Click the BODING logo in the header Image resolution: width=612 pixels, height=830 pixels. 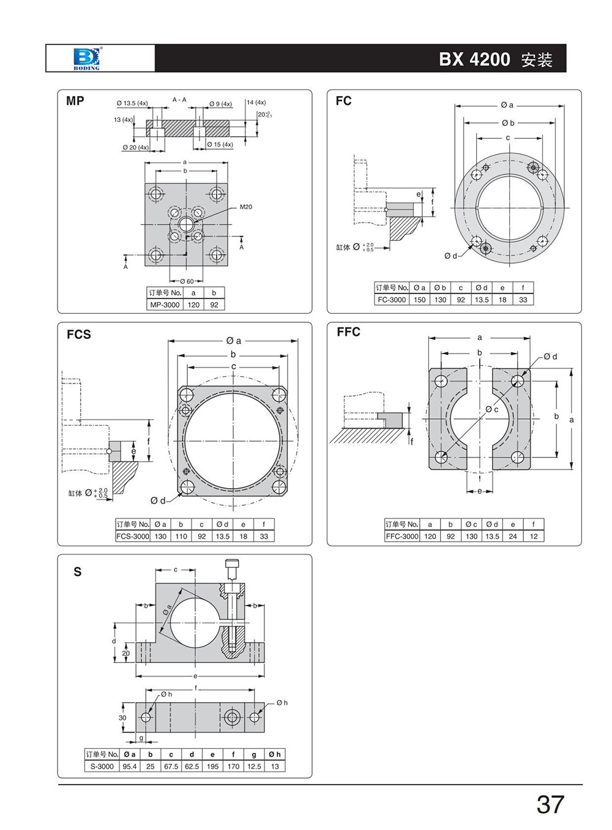(86, 58)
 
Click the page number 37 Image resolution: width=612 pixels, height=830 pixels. (550, 805)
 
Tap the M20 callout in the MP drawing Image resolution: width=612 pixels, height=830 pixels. (245, 207)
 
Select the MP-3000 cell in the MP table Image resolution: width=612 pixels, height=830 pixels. (165, 305)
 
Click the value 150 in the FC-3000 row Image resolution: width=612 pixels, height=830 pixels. (419, 300)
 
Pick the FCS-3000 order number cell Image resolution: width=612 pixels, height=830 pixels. (133, 536)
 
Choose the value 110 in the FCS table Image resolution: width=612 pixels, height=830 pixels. (181, 536)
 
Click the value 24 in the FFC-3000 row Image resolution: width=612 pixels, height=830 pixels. (513, 536)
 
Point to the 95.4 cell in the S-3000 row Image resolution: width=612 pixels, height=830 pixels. (130, 766)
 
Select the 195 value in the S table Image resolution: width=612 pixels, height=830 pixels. (212, 766)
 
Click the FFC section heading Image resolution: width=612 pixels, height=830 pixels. (348, 332)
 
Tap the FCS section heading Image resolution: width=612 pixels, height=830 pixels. (78, 335)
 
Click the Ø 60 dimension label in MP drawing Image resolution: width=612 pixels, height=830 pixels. (186, 281)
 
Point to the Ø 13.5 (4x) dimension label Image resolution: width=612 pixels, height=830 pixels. (132, 103)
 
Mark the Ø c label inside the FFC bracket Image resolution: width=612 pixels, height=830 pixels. (492, 409)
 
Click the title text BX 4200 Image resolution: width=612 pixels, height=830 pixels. (474, 59)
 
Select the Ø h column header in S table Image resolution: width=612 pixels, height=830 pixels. (275, 754)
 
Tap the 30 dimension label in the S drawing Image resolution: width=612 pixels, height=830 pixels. (122, 717)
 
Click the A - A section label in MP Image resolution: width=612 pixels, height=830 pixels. (179, 99)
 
